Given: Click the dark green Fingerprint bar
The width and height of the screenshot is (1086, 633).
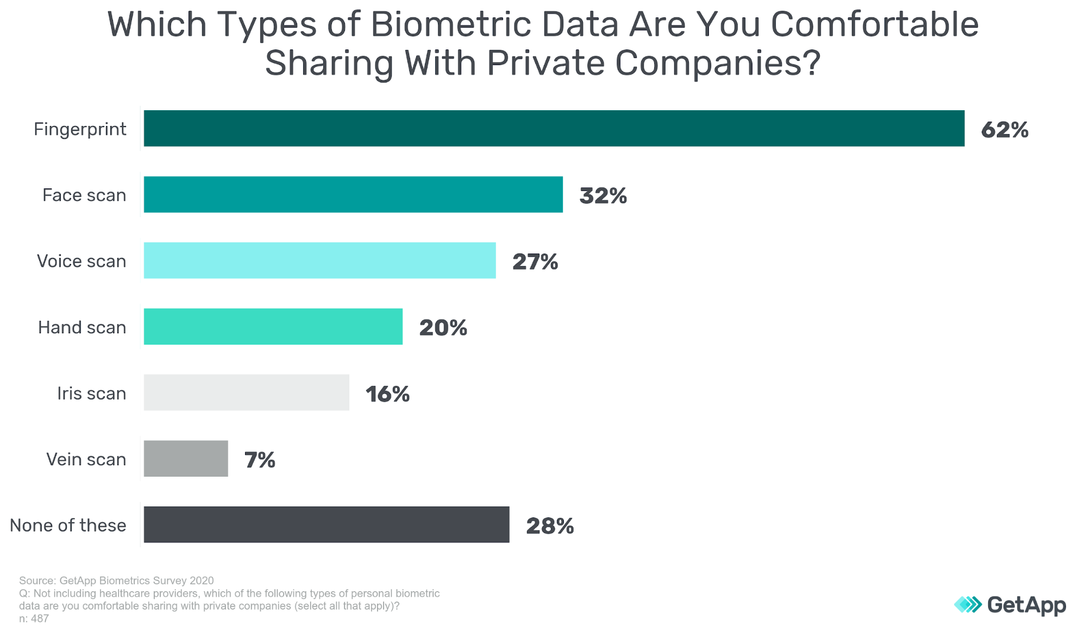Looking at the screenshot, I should [x=554, y=129].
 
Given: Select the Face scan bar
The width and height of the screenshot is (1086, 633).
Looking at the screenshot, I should [x=353, y=194].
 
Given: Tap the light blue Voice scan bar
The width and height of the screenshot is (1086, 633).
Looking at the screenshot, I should [x=319, y=261].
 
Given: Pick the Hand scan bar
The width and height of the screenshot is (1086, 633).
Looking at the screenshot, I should [x=273, y=327].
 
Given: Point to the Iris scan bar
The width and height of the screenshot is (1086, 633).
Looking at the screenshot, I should [x=246, y=393].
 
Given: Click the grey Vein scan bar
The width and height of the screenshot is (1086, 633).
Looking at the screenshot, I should [x=186, y=459].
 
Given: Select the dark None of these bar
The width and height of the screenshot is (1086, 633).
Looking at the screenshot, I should [x=326, y=525].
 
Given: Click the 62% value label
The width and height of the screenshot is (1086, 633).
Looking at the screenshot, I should [x=1005, y=130].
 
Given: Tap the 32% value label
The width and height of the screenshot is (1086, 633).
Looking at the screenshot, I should [x=603, y=196].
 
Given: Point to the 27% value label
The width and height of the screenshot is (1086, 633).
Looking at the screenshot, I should [x=535, y=262].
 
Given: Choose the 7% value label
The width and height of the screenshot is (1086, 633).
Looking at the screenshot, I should [x=260, y=460].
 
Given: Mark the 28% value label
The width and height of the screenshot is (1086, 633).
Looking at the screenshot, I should [x=550, y=526].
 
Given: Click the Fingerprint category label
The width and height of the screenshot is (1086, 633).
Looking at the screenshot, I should [x=80, y=129].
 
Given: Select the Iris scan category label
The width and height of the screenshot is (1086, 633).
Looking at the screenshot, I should [x=91, y=393].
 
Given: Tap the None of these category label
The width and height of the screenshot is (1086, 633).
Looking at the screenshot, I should [x=68, y=526].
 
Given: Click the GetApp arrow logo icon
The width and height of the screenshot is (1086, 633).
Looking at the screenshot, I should [x=968, y=604].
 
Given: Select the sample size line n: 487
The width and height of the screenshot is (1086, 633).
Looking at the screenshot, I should [x=34, y=619].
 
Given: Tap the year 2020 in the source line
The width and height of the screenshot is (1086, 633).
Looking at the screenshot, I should [x=202, y=581].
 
